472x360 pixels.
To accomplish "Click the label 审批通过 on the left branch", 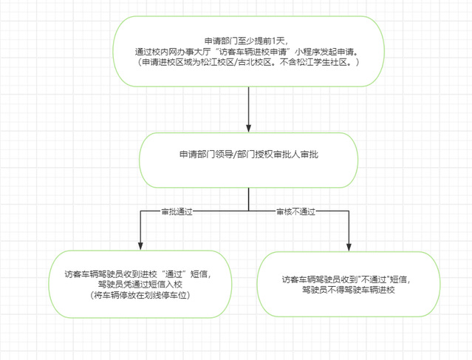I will pyautogui.click(x=177, y=211).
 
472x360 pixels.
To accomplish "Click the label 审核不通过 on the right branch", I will pyautogui.click(x=295, y=211).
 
